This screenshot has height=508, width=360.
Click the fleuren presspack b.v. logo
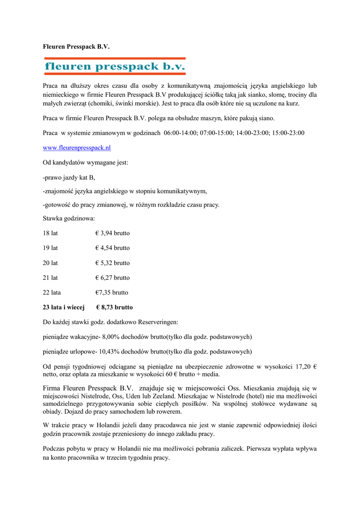[115, 66]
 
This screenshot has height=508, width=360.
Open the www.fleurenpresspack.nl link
[76, 148]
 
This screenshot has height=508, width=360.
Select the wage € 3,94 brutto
[112, 233]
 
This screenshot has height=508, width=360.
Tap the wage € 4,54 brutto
[112, 248]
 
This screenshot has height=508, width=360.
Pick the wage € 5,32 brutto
[112, 262]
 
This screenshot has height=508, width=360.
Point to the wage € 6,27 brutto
[112, 277]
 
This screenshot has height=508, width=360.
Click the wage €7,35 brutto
[112, 292]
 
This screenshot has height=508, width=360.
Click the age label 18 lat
[50, 233]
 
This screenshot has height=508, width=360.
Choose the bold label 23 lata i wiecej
[64, 307]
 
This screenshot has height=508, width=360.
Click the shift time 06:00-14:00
[181, 133]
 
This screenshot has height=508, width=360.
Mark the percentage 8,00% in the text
[112, 337]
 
